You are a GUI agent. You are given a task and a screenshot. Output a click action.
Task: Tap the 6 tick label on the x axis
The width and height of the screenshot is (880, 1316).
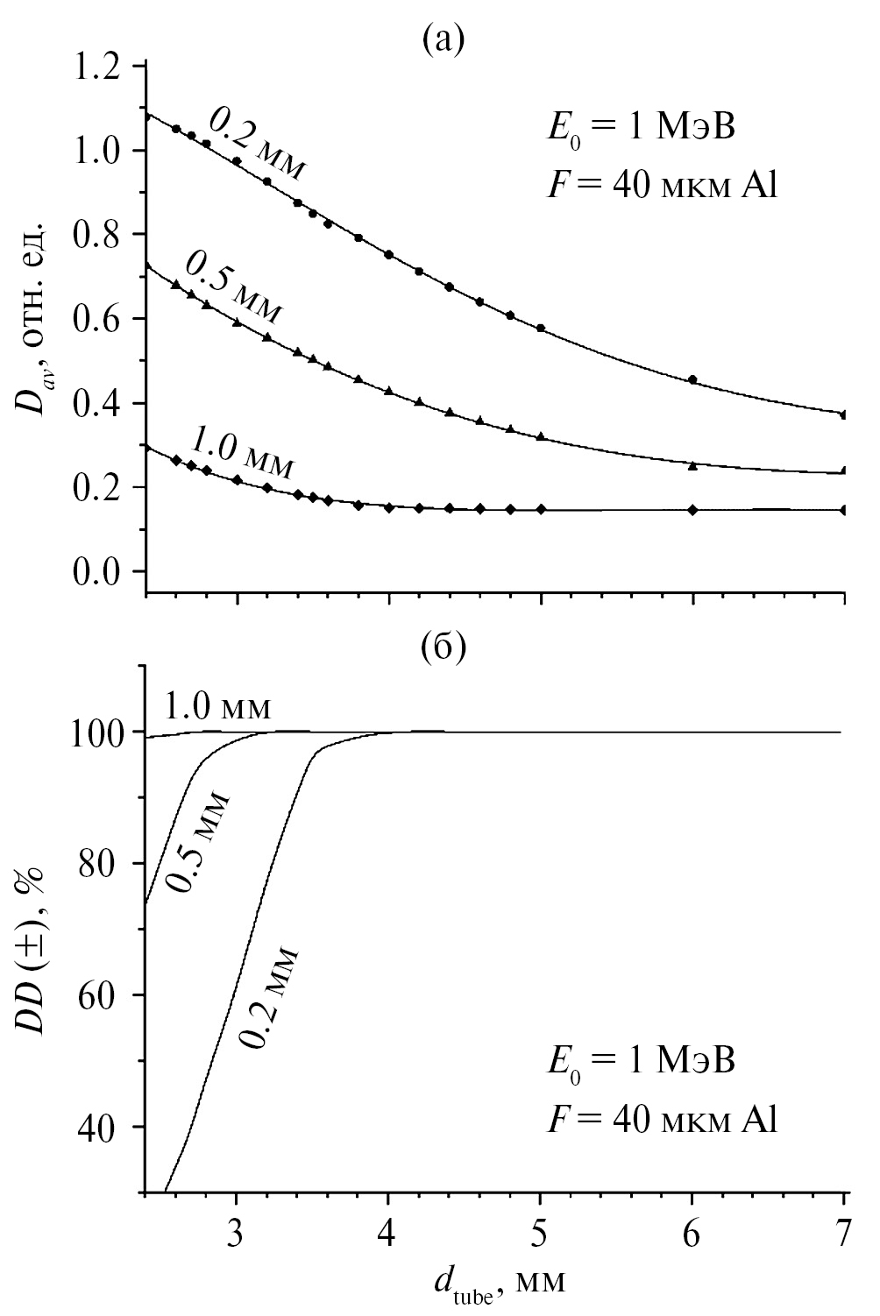692,1237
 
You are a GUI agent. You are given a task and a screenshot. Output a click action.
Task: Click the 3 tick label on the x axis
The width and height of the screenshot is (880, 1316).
236,1237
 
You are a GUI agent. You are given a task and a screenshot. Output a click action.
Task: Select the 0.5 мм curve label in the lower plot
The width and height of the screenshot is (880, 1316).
198,842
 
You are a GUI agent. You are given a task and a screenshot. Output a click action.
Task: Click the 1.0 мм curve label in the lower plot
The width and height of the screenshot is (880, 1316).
217,706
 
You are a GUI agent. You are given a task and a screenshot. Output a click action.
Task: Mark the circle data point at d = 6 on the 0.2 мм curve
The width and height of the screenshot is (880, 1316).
692,379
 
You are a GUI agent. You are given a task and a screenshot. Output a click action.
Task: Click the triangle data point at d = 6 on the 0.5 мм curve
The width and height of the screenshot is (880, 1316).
692,466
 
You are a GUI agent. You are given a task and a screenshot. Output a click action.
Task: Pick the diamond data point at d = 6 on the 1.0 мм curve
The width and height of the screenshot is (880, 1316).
692,509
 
